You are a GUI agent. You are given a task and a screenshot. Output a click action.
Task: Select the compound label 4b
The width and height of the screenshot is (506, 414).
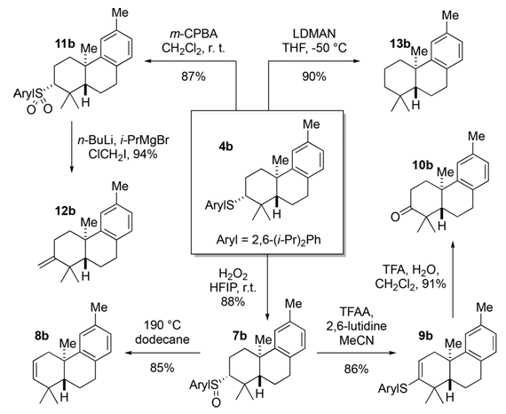tap(225, 147)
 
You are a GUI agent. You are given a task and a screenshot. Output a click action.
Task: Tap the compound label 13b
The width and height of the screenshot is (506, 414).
tap(399, 44)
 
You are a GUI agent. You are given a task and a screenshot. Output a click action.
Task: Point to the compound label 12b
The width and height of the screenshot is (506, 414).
tap(65, 211)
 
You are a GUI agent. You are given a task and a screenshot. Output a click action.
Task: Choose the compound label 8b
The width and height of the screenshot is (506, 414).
tap(42, 336)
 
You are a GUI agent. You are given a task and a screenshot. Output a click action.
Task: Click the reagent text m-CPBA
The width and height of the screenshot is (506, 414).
tap(193, 34)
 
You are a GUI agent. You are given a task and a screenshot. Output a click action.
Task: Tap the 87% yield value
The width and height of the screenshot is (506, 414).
tap(193, 76)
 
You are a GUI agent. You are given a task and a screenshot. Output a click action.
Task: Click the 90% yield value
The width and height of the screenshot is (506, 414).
tap(314, 76)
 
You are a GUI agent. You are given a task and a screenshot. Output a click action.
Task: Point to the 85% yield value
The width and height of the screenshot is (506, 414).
tap(162, 368)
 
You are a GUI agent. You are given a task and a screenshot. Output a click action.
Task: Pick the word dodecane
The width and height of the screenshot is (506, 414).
tap(162, 339)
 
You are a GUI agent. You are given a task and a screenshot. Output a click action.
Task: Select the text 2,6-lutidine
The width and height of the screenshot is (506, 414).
tap(356, 326)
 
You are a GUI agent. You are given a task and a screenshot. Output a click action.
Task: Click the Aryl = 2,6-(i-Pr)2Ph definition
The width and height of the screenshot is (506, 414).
tap(268, 241)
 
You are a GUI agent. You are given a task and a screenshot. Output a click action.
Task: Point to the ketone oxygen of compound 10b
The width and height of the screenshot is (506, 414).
tap(395, 217)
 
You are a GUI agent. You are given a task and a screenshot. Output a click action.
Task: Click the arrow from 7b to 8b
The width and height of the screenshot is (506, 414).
tap(163, 353)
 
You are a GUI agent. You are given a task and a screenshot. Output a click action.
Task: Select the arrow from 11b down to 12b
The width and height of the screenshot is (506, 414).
tap(72, 147)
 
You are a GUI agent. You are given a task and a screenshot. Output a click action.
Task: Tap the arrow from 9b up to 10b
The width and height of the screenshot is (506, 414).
tap(453, 279)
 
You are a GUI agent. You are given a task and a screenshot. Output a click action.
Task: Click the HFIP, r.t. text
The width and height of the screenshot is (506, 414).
tap(233, 288)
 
